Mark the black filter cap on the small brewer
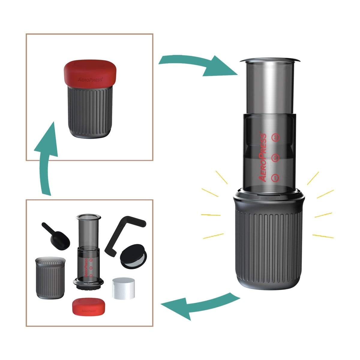tap(89, 285)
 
